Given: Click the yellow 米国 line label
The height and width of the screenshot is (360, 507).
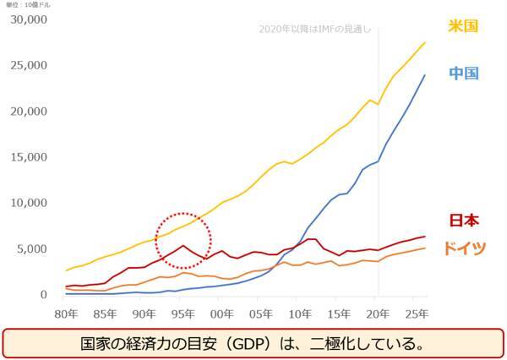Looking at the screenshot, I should click(x=464, y=26).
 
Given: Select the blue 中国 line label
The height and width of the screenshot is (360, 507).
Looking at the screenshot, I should click(x=464, y=74).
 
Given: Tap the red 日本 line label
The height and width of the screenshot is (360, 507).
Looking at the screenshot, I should click(x=464, y=221).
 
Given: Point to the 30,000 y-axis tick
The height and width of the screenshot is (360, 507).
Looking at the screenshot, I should click(x=29, y=19).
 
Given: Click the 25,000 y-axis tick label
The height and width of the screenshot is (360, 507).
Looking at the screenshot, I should click(x=29, y=65).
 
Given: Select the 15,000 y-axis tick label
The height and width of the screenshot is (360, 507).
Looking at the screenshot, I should click(x=29, y=157).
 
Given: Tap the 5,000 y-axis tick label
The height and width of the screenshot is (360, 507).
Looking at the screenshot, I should click(x=32, y=249).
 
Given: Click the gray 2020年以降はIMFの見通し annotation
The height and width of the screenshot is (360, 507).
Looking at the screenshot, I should click(x=314, y=32).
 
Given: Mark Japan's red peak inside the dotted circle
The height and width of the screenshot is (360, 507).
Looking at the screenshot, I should click(x=183, y=246).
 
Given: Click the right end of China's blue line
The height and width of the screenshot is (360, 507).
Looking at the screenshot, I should click(x=424, y=75).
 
